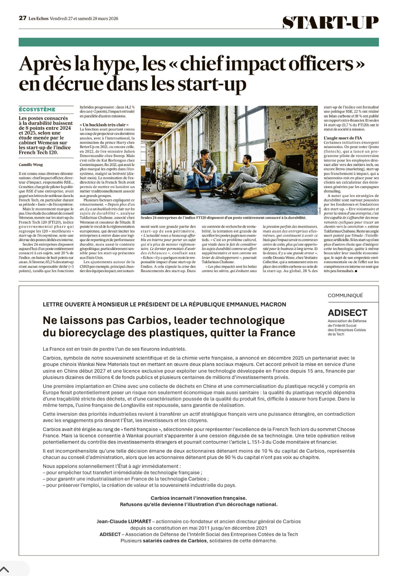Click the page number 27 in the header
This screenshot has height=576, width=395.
[x=22, y=18]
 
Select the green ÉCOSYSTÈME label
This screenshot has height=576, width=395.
[x=37, y=110]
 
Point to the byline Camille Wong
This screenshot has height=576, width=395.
[x=31, y=164]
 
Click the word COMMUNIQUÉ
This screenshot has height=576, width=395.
[x=345, y=295]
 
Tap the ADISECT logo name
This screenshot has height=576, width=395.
[x=348, y=313]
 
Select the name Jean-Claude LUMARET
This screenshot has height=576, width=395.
[x=124, y=521]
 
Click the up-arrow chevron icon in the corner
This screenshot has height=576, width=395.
[x=5, y=570]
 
